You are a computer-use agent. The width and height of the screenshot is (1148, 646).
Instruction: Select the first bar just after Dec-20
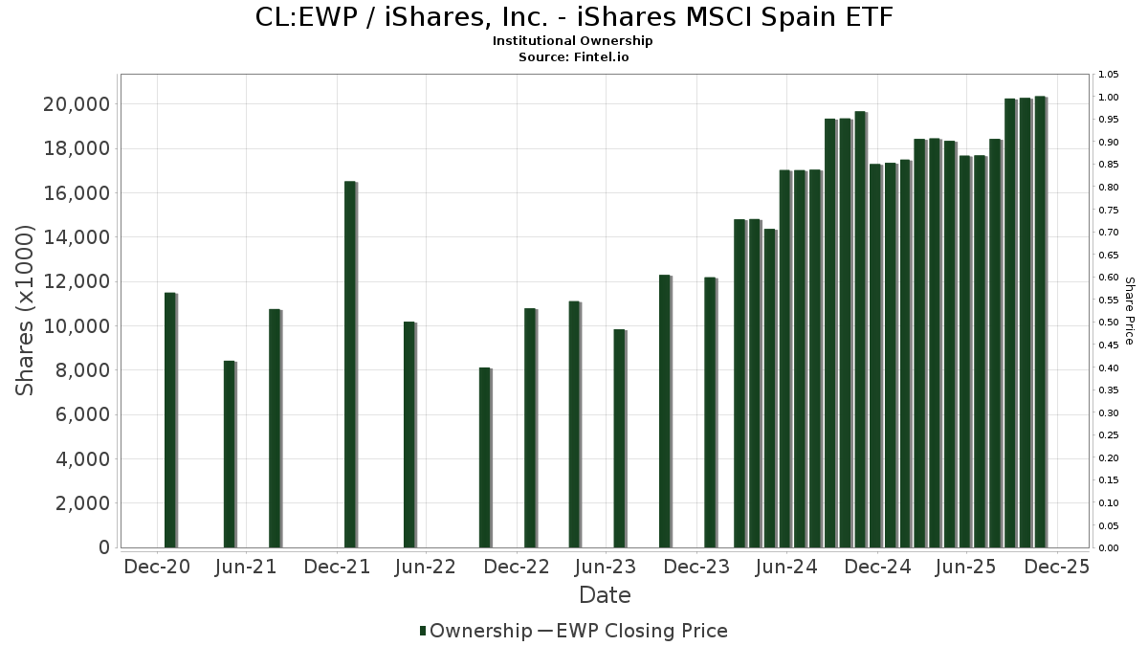(170, 420)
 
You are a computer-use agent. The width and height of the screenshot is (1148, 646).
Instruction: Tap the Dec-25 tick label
(1056, 567)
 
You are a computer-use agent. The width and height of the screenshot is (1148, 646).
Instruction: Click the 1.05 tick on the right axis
(1108, 75)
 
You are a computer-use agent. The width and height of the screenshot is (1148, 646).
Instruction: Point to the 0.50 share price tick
(1108, 323)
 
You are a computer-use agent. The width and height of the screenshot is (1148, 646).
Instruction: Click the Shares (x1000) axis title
(26, 310)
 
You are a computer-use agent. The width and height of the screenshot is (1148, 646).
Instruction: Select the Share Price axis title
(1130, 310)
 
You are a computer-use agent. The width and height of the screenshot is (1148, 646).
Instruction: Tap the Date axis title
(605, 595)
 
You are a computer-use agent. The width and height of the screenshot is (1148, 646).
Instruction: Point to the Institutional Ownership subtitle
(573, 41)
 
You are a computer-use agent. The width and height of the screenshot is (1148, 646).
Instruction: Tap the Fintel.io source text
(602, 57)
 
